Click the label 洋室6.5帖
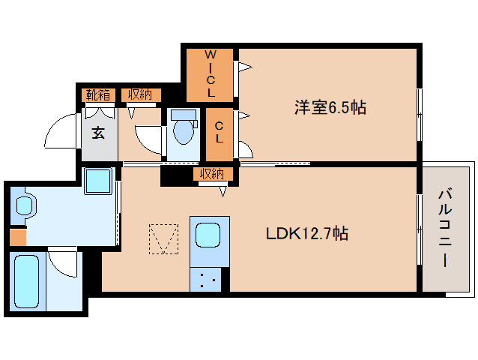tap(330, 108)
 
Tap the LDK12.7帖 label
tap(307, 233)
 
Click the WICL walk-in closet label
tap(211, 74)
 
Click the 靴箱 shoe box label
tap(98, 94)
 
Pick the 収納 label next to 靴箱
tap(140, 94)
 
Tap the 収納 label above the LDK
tap(212, 174)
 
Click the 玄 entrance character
tap(99, 133)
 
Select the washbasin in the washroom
tap(23, 205)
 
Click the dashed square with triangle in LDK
tap(164, 239)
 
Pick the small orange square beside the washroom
tap(18, 237)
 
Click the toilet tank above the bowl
tap(181, 115)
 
